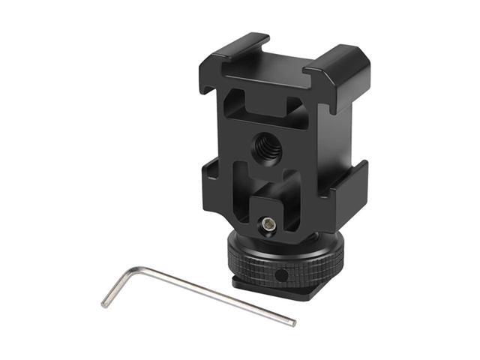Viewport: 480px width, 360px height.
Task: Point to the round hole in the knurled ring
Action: [x=280, y=276]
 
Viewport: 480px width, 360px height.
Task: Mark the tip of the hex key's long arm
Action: [x=293, y=323]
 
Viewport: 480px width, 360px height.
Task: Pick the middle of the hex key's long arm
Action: [x=217, y=295]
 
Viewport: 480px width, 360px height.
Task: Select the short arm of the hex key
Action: [x=121, y=286]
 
